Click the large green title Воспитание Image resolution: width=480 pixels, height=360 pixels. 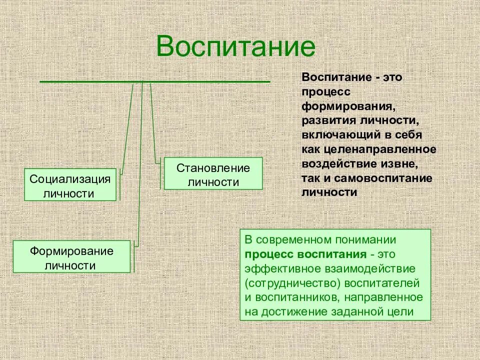point(236,46)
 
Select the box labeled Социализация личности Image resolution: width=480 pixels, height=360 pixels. point(70,185)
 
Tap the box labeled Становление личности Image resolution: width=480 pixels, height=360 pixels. point(213,173)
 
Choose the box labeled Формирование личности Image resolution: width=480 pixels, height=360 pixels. point(71,256)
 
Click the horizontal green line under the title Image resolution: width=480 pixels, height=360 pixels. point(154,81)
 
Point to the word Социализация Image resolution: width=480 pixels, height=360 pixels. point(70,178)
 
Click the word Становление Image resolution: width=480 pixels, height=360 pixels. point(213,167)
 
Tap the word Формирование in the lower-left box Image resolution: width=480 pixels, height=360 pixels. point(71,250)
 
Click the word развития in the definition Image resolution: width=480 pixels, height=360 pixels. point(328,121)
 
